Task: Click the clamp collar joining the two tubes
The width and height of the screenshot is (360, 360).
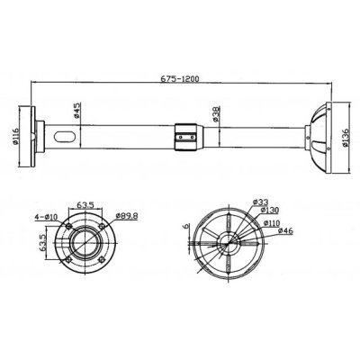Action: (x=185, y=136)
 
